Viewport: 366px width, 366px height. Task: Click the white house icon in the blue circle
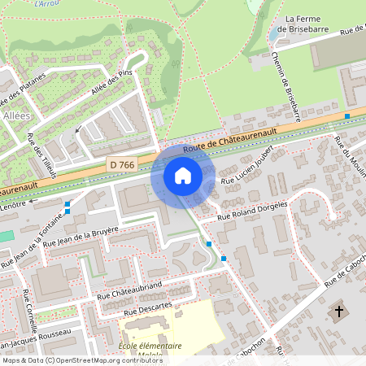(x=183, y=176)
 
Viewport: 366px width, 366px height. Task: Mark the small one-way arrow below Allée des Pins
(x=77, y=129)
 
